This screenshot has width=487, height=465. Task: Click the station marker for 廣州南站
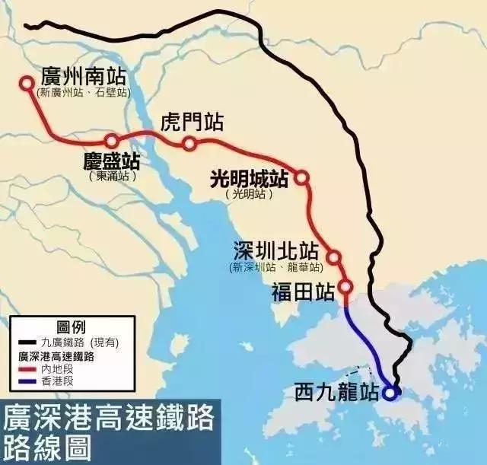(x=27, y=83)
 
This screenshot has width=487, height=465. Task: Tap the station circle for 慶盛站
(x=112, y=141)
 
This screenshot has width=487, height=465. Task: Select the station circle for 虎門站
(x=189, y=144)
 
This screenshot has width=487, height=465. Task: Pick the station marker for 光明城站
(x=301, y=177)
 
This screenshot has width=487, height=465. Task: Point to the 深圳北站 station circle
(x=333, y=257)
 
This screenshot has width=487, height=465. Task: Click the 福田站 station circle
(x=345, y=288)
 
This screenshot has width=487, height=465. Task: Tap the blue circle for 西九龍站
(x=390, y=393)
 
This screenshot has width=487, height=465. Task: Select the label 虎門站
(x=193, y=123)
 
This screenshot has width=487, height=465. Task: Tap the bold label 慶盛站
(x=113, y=161)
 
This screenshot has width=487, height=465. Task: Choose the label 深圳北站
(x=276, y=252)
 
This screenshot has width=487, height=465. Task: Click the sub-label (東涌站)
(x=113, y=176)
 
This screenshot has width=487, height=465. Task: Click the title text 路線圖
(x=46, y=446)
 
